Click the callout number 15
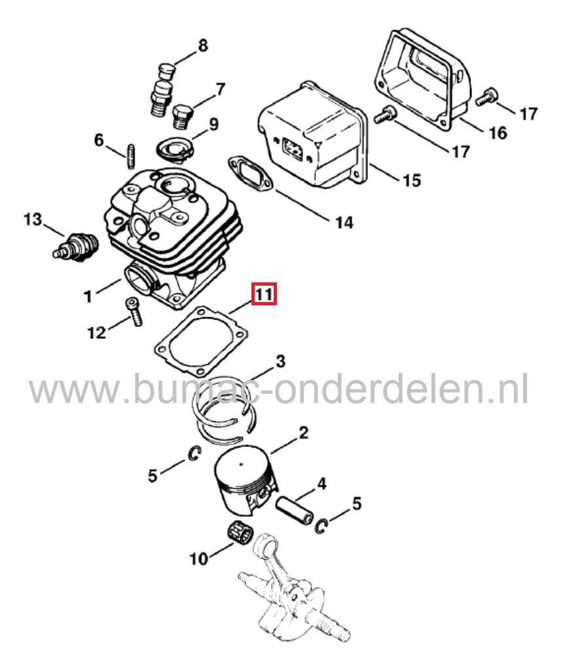411,180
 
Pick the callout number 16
498,133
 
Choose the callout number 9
213,123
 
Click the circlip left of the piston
194,454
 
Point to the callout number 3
280,360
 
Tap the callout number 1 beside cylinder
88,297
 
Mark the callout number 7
220,88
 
